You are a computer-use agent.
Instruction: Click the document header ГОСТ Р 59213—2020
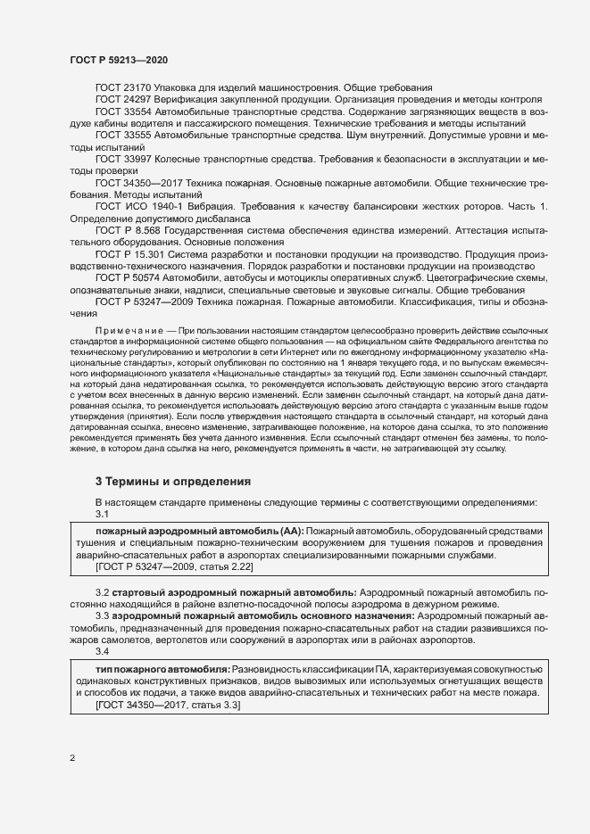click(x=118, y=59)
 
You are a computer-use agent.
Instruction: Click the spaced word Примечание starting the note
click(x=125, y=330)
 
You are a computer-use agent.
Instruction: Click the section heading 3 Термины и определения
click(x=173, y=482)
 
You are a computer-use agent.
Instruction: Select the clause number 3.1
click(x=102, y=515)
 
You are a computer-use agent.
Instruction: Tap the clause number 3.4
click(x=102, y=651)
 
